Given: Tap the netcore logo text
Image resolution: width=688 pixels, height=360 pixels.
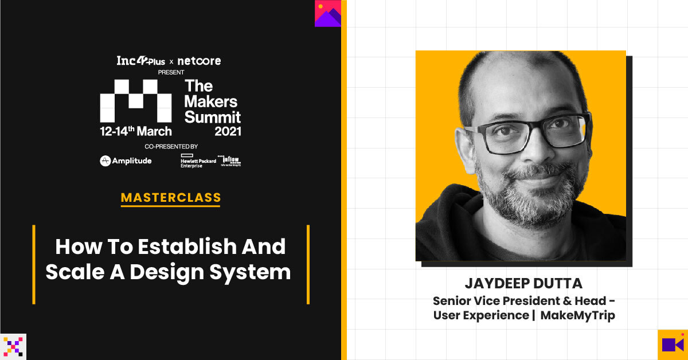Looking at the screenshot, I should tap(199, 61).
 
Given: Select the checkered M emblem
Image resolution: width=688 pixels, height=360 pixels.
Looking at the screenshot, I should tap(136, 101).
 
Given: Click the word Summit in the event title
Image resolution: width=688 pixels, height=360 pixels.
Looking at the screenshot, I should tap(213, 116).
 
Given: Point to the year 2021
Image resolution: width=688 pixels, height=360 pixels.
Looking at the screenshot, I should tap(228, 131).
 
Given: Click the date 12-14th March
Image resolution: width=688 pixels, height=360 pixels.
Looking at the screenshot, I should tap(136, 131).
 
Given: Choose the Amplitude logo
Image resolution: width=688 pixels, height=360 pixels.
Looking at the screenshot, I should tap(126, 161).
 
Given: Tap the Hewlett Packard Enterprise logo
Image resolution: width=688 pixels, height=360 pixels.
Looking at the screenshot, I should tap(198, 161).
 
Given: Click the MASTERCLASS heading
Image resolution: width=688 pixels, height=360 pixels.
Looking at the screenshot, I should tap(171, 198).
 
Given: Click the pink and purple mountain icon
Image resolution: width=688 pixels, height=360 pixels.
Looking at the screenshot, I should tap(328, 13).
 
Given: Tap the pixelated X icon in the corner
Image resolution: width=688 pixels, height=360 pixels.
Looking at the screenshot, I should tap(13, 346).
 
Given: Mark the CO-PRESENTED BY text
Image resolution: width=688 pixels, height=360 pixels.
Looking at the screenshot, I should tap(171, 147).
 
